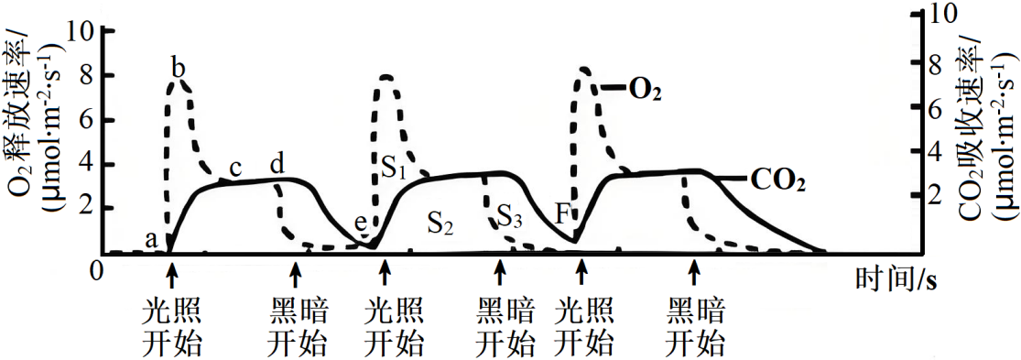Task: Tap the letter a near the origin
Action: tap(153, 239)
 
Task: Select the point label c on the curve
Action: tap(235, 168)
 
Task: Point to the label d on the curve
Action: tap(277, 165)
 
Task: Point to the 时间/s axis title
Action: tap(894, 276)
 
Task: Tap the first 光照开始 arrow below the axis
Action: tap(171, 271)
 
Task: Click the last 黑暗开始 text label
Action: tap(695, 328)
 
